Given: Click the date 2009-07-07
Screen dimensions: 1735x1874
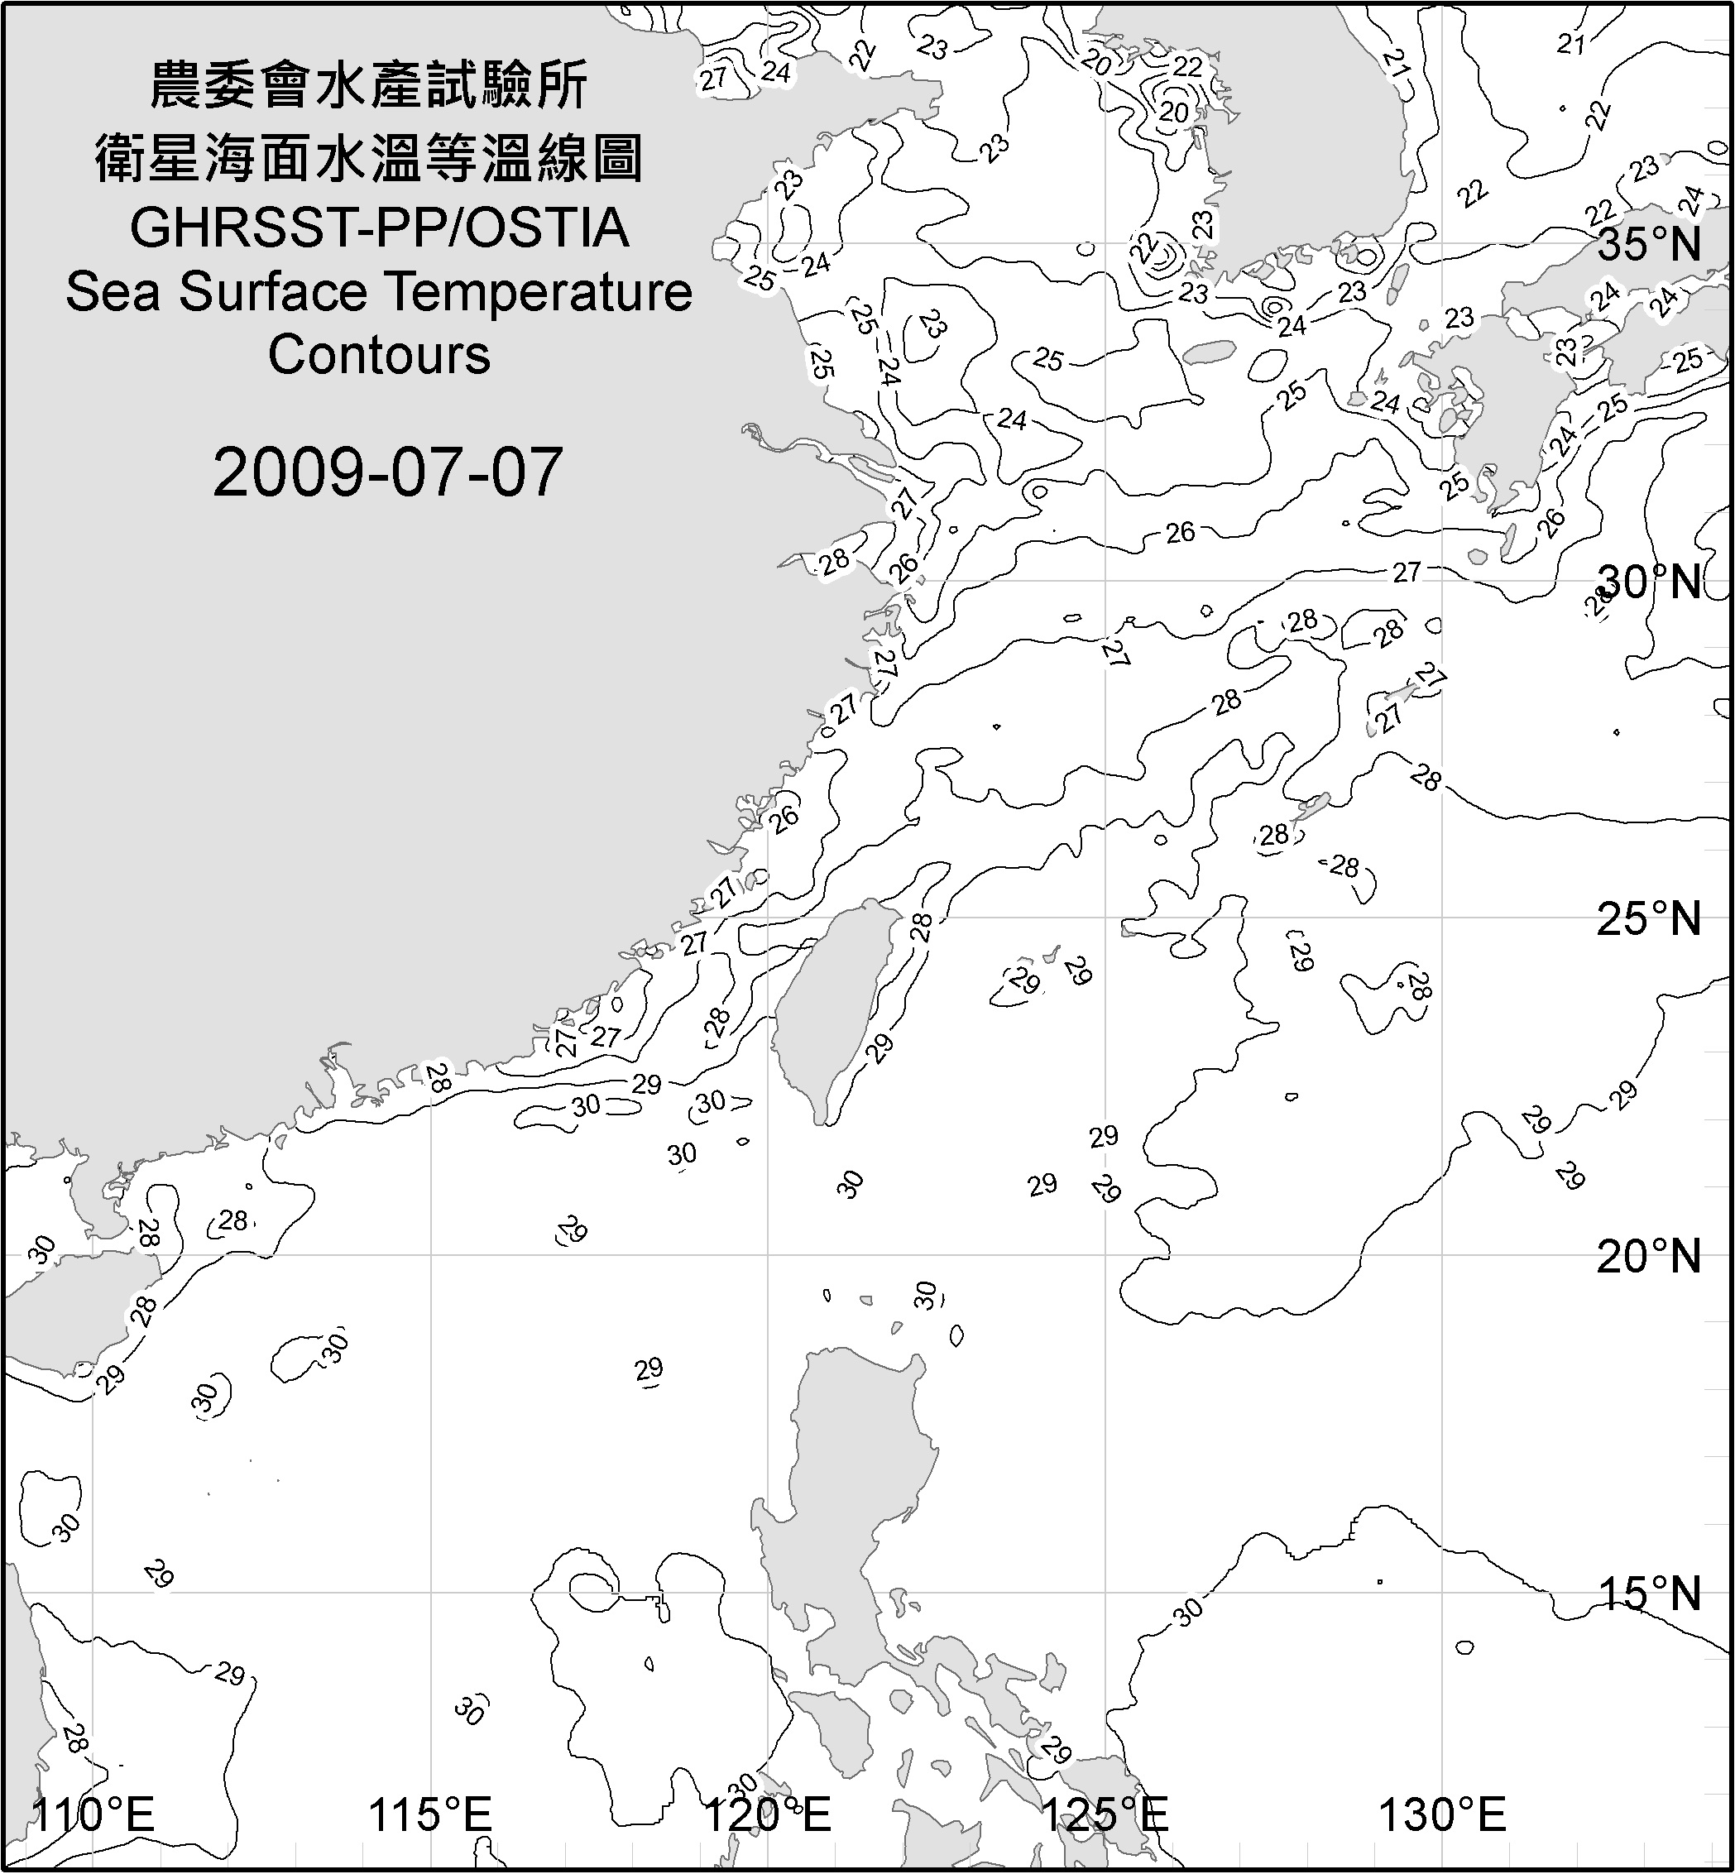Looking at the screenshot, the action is click(x=387, y=472).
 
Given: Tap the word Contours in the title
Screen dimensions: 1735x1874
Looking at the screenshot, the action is click(x=379, y=355).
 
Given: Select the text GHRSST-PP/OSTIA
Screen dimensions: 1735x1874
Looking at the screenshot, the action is click(x=379, y=228).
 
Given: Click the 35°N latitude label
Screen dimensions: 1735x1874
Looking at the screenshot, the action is click(x=1649, y=245).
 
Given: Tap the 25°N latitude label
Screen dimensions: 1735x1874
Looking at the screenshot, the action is click(x=1649, y=919).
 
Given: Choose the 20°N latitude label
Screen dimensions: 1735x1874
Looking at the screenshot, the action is click(x=1649, y=1257).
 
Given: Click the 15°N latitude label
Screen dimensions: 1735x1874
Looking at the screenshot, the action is click(x=1649, y=1594).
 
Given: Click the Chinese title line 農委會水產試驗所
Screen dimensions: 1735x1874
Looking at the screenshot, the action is click(x=369, y=85).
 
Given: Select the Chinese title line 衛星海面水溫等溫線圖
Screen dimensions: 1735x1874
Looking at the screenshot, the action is click(x=369, y=157).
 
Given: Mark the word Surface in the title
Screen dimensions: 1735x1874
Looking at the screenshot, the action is click(x=272, y=292).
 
